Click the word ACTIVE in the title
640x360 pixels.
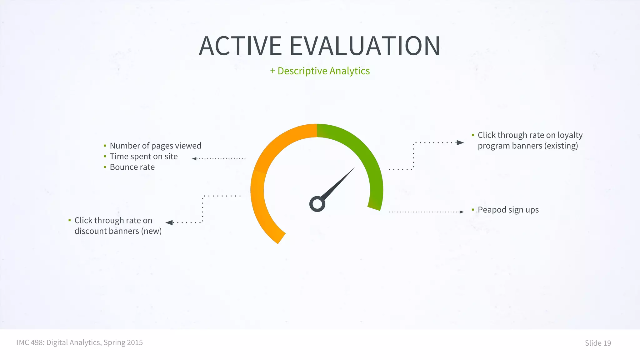click(x=240, y=46)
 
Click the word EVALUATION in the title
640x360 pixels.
click(x=365, y=46)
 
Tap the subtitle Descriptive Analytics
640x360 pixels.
click(x=323, y=71)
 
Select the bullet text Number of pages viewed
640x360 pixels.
click(x=155, y=146)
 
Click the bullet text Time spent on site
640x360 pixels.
click(x=143, y=156)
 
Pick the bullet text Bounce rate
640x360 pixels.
click(x=132, y=167)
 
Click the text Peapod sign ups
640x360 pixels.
click(x=508, y=210)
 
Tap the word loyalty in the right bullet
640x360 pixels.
click(x=570, y=135)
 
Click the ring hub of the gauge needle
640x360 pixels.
click(x=317, y=204)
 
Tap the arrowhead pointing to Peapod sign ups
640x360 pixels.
click(x=462, y=212)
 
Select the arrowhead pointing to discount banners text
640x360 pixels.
click(x=169, y=222)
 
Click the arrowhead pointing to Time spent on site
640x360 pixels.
click(x=194, y=159)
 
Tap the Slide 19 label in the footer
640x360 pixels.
click(x=597, y=343)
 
